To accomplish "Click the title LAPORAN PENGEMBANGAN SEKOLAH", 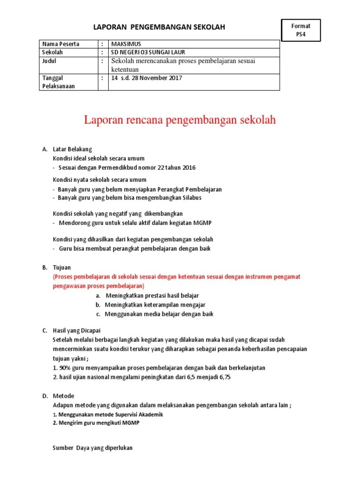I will coord(159,27).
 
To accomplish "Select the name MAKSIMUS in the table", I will coord(122,44).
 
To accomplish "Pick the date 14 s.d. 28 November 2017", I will coord(146,78).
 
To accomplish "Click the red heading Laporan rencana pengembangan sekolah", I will coord(180,120).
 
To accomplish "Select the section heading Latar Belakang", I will coord(73,149).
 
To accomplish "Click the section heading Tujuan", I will coord(62,267).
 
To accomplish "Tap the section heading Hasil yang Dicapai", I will coord(77,330).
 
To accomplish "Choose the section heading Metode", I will coord(63,396).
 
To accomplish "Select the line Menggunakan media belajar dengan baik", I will coord(158,314).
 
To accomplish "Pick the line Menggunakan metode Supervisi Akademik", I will coord(111,415).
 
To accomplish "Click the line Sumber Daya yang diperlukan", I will coord(93,448).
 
